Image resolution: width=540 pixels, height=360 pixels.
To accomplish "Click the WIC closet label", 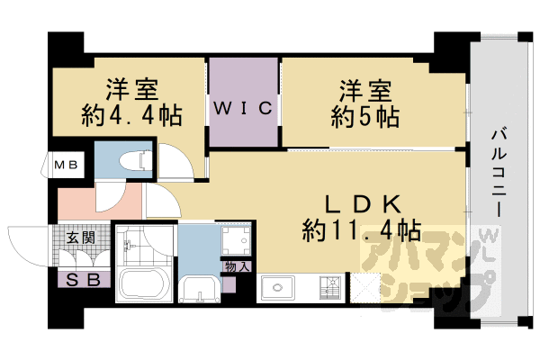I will [x=242, y=109].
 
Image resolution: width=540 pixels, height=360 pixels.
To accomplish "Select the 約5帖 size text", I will [x=364, y=116].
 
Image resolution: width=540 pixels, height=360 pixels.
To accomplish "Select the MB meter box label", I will [x=65, y=166].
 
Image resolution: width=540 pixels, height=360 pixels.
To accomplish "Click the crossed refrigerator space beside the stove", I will [x=367, y=288].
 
